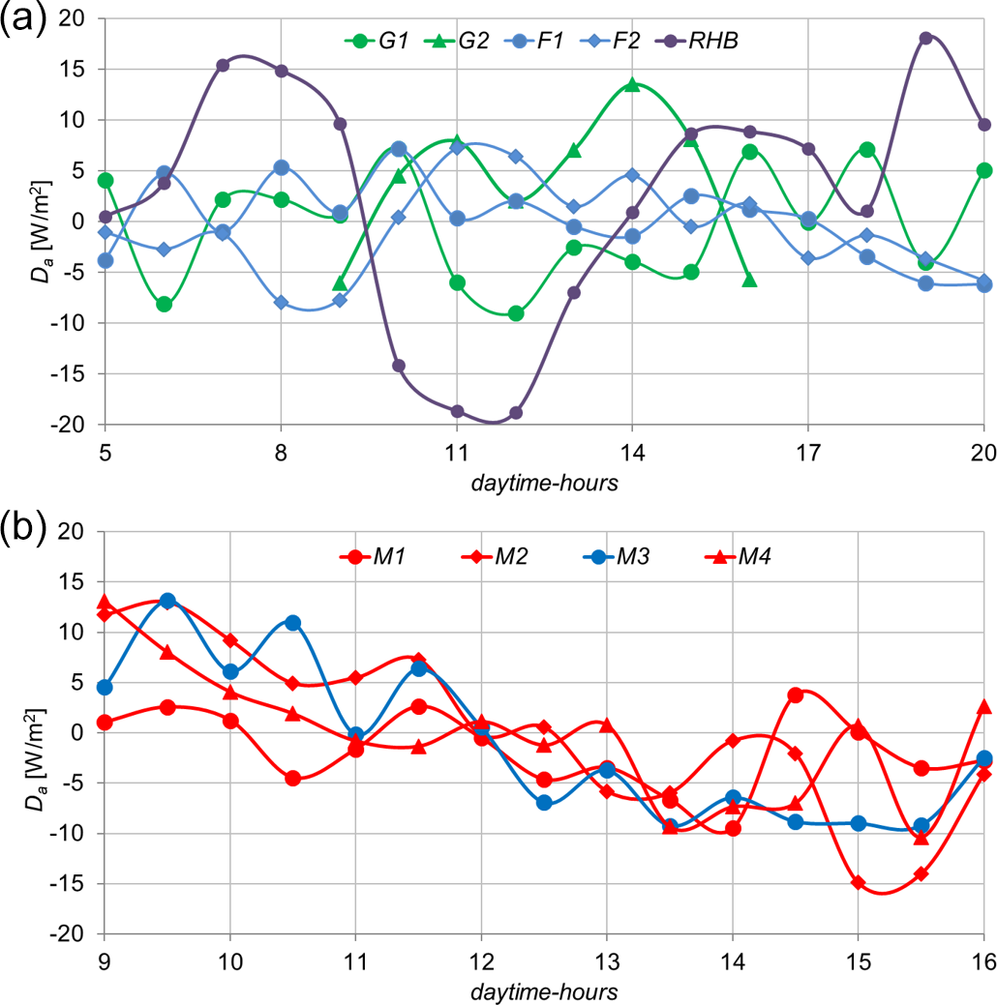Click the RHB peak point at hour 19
tap(925, 38)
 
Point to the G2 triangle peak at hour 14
tap(632, 84)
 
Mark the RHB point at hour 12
tap(515, 412)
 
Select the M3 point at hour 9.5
tap(167, 601)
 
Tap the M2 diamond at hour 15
tap(858, 882)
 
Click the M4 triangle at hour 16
tap(983, 706)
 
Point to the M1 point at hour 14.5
tap(795, 695)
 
